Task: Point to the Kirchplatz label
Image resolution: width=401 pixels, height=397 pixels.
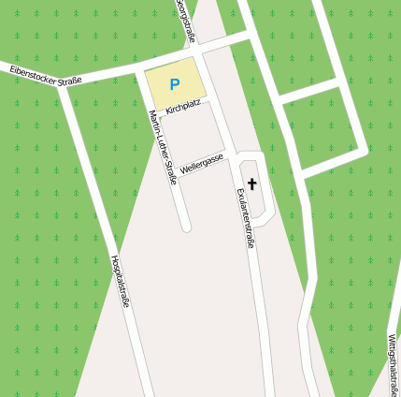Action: (182, 108)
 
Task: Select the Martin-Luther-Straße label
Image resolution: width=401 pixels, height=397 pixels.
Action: (163, 146)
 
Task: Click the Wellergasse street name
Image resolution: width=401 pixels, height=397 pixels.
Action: (202, 165)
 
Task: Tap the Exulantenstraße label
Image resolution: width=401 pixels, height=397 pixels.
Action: (246, 216)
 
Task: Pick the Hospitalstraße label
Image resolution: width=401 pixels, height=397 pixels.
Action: (120, 282)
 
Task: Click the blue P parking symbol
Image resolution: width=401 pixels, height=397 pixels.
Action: (174, 84)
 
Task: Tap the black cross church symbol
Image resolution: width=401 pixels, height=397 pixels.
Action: (252, 184)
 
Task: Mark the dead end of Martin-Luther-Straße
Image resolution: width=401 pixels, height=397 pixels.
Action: (186, 226)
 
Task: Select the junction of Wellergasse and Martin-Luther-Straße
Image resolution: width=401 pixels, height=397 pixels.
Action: (174, 174)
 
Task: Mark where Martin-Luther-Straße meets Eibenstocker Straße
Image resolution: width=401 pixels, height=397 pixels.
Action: (139, 66)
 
